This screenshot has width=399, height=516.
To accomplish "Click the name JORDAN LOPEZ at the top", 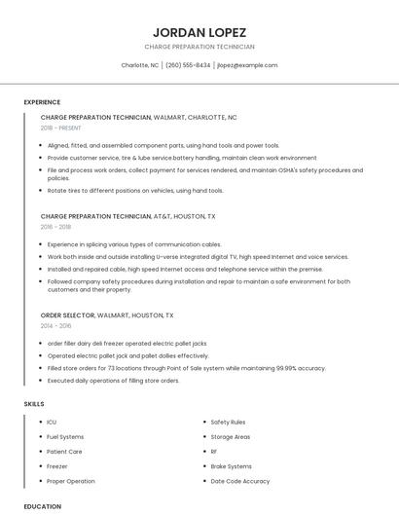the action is (199, 32).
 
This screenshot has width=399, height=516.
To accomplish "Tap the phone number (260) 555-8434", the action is (188, 65).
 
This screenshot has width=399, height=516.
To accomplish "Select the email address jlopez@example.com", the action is (247, 65).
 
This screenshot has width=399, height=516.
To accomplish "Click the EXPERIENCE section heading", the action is (42, 102).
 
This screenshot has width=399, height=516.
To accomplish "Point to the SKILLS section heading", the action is (34, 403).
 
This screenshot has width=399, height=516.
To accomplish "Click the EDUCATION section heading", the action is (42, 506).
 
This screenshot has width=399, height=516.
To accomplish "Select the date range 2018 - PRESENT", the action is (61, 128).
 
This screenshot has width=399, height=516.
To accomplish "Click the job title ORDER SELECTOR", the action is (67, 315).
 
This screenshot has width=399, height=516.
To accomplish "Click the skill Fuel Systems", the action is (65, 437).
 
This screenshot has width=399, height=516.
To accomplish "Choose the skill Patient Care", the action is (64, 452).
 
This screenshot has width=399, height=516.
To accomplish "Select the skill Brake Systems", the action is (231, 466).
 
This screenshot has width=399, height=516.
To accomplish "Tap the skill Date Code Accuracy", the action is (240, 481).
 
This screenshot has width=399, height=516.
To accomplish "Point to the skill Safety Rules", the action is (228, 422).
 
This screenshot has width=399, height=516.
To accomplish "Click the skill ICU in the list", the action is (52, 422).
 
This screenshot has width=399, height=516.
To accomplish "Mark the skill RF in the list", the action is (214, 452).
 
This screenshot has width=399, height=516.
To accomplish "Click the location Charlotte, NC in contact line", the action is (139, 65).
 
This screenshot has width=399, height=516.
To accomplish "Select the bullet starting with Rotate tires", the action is (122, 190).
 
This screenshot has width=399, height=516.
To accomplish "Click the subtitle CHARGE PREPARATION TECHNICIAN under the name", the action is (199, 47).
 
